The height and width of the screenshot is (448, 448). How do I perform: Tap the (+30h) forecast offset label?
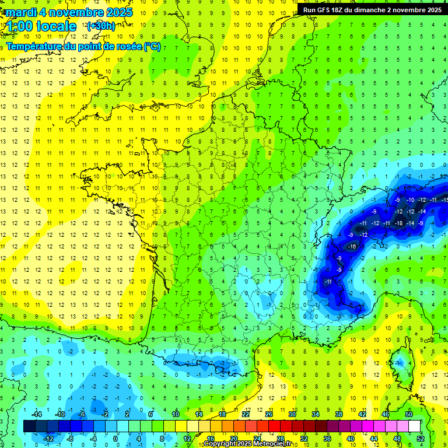(100, 26)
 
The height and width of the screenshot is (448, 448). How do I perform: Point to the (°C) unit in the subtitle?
(152, 46)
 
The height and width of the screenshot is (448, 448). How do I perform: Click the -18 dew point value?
(399, 223)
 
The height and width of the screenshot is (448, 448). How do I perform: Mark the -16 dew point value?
(352, 247)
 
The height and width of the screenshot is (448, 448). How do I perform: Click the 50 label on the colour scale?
(409, 414)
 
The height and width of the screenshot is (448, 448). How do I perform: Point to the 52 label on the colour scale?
(421, 438)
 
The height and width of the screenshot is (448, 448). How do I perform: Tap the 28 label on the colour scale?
(281, 438)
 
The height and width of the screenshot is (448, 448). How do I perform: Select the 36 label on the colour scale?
(327, 438)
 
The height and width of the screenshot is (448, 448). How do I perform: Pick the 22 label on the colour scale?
(246, 414)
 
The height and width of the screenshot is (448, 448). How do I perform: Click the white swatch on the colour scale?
(415, 426)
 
